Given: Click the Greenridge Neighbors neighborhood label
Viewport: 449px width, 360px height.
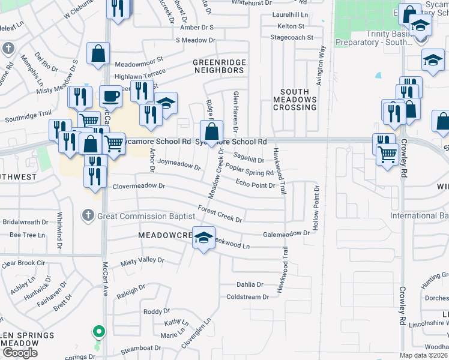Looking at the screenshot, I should point(218,66).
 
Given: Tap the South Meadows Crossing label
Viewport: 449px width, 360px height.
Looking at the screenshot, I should point(295,100).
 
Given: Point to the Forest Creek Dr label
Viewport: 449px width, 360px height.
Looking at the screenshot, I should point(220,215).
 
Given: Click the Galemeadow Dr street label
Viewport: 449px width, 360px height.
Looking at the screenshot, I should point(286,234).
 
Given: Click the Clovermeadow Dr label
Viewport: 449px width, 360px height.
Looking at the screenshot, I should point(139,187).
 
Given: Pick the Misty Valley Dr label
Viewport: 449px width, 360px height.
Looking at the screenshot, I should point(142,260).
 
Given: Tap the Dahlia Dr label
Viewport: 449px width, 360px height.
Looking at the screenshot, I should point(250,284).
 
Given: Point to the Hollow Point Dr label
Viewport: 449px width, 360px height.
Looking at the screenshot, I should point(315,209).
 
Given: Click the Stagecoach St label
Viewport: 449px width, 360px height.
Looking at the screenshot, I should point(292,37).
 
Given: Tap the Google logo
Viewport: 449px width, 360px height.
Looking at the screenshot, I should point(20,353).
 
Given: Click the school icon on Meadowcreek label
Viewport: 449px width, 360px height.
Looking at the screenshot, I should point(203,238).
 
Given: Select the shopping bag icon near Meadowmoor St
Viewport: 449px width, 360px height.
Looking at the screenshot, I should point(98,53).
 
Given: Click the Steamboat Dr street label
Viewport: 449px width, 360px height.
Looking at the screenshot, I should point(142,348).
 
